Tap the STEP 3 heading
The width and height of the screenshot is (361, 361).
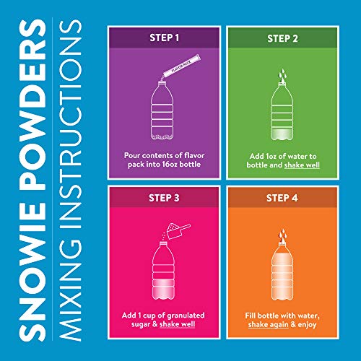[165, 197]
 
